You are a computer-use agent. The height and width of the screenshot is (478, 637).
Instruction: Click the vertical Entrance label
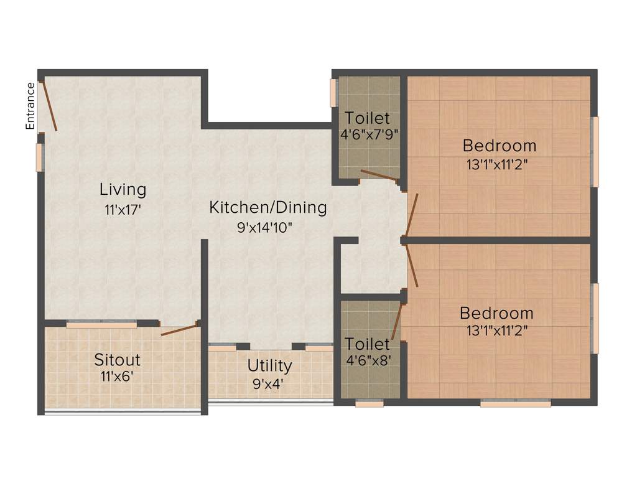click(29, 106)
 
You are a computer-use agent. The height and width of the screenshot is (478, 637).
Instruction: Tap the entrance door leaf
click(49, 106)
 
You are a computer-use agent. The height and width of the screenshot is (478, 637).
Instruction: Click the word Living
click(123, 189)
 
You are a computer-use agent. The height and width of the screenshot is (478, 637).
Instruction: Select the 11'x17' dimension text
click(123, 210)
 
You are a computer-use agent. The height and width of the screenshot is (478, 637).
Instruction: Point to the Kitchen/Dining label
click(267, 207)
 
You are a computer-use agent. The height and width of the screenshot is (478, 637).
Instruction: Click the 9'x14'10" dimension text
click(264, 227)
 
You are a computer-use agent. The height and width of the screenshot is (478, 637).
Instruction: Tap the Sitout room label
click(117, 360)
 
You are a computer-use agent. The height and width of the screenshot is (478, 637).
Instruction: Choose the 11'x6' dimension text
click(117, 376)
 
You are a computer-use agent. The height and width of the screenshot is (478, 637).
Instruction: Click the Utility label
click(269, 365)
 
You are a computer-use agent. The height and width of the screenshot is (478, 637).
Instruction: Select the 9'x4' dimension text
click(268, 383)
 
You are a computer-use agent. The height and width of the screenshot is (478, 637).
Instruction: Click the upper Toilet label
click(368, 118)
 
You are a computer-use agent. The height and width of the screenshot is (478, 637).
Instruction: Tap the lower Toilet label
click(368, 344)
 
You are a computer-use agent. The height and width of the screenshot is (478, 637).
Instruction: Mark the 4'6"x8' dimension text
click(368, 360)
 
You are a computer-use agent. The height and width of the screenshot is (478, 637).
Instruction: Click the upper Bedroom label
click(499, 146)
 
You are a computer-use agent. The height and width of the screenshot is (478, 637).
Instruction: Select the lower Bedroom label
click(496, 313)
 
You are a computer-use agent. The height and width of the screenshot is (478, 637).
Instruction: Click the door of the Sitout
click(179, 329)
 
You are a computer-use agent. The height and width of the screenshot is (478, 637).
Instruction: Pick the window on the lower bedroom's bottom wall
click(515, 403)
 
